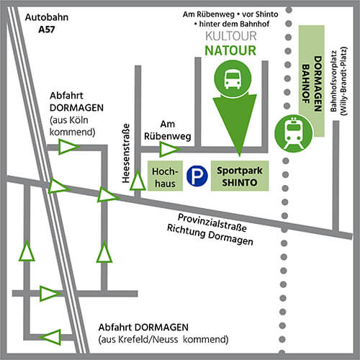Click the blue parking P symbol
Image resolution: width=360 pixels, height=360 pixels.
(197, 176)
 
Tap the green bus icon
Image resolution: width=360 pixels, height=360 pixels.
(233, 78)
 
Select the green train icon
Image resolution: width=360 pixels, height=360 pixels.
(293, 133)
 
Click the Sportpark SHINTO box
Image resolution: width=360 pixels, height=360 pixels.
(240, 176)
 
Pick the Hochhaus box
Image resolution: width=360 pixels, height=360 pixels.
(165, 176)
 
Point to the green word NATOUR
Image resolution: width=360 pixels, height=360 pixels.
(230, 50)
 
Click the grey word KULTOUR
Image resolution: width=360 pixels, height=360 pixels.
(231, 36)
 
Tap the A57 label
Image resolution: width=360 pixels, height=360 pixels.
(47, 30)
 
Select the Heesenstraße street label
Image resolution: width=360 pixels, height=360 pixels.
(126, 153)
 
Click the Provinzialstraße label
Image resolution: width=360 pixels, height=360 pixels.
(212, 222)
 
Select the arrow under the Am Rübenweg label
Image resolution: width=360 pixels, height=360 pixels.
(170, 150)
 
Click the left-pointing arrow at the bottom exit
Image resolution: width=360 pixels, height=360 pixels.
(50, 337)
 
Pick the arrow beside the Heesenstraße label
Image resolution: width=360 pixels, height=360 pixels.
(138, 179)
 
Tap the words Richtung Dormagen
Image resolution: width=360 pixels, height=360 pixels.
(210, 235)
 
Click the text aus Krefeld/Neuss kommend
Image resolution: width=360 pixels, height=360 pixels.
(163, 340)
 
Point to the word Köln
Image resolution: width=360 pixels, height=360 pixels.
(78, 120)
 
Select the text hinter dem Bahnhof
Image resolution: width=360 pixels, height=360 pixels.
(232, 24)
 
